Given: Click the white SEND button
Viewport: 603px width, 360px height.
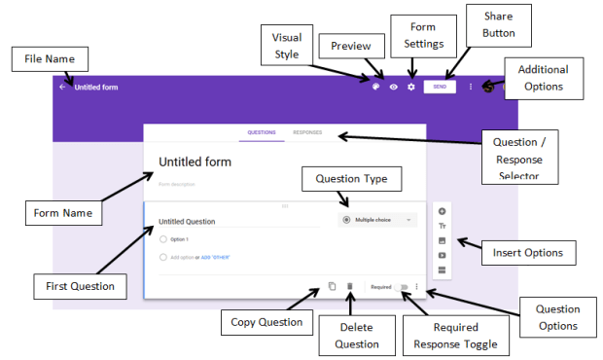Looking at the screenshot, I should coord(440,87).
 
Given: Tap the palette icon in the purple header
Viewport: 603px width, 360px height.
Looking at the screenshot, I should coord(375,87).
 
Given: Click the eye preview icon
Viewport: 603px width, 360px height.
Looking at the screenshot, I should coord(394,87).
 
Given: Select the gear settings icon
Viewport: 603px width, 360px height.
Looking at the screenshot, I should coord(411,87).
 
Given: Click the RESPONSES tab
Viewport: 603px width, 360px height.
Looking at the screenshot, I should coord(307,131).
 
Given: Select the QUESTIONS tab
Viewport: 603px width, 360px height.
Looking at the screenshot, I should coord(262,131).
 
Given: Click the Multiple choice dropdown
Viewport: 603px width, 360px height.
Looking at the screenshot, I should coord(377,220).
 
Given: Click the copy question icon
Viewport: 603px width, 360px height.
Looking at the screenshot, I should coord(332,286).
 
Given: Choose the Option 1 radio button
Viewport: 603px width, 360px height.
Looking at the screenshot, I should coord(163,238).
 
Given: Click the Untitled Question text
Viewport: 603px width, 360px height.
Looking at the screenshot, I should coord(187,222).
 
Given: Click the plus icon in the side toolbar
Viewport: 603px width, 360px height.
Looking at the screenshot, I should coord(443,211).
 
